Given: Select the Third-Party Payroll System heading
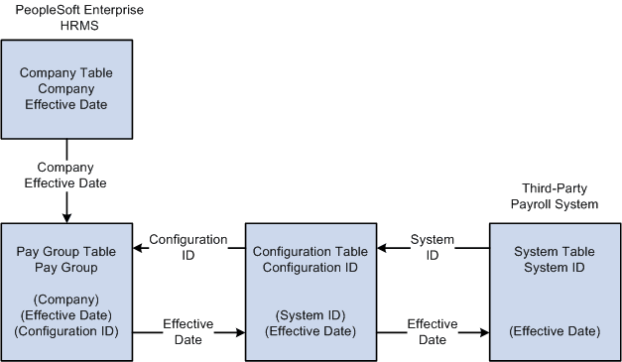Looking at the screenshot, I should [560, 196].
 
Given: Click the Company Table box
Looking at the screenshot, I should [66, 89].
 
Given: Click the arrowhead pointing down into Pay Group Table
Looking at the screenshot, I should [66, 216].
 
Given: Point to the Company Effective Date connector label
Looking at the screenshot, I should [66, 175].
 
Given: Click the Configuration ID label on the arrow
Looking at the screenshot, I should [188, 248].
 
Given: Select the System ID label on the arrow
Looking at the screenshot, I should [433, 248].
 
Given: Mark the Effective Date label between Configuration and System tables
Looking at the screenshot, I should [433, 331].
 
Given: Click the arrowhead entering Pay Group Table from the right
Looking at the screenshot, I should [138, 249].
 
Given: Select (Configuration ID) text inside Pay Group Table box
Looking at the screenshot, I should [66, 332].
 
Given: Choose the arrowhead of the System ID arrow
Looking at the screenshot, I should [380, 249].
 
